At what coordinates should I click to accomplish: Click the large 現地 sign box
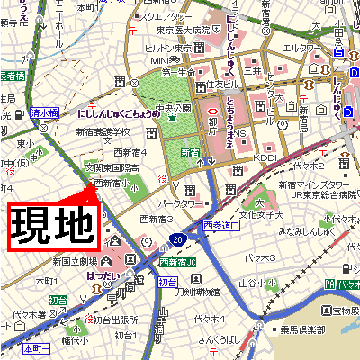point(53,226)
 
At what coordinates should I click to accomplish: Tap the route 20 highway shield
point(180,239)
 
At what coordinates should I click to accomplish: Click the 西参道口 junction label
point(221,226)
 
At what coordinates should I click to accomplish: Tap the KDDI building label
point(264,156)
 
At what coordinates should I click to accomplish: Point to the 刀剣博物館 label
point(197,292)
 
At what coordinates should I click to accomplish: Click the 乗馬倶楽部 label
point(301,330)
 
